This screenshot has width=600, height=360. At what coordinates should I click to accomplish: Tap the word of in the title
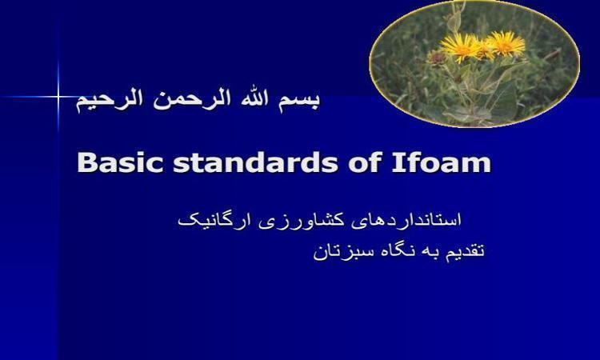[x=365, y=162]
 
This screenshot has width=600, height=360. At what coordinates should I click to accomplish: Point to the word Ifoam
[x=441, y=162]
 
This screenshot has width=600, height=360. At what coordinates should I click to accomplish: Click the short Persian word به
[x=430, y=253]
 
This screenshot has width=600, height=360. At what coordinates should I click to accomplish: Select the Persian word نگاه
[x=396, y=251]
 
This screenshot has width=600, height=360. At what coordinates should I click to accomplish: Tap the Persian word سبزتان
[x=342, y=253]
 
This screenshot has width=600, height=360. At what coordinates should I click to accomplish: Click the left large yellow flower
[x=460, y=47]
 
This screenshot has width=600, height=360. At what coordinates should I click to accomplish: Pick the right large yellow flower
[x=505, y=43]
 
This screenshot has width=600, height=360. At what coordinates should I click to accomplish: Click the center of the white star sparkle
[x=58, y=97]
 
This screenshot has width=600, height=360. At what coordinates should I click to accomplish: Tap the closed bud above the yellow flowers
[x=454, y=22]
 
